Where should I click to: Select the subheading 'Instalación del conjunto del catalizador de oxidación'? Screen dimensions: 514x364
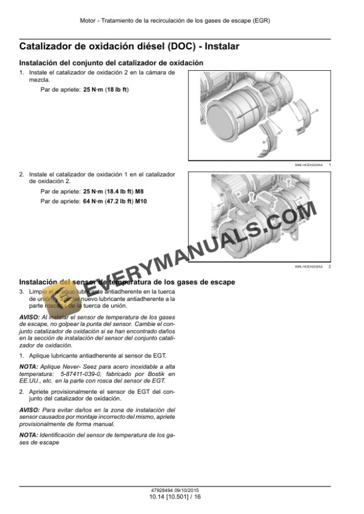pyautogui.click(x=112, y=63)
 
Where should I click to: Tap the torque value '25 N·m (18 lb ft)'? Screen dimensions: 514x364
pyautogui.click(x=106, y=89)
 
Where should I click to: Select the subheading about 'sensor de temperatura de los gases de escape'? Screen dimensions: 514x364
pyautogui.click(x=127, y=281)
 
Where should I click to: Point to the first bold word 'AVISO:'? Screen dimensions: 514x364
pyautogui.click(x=30, y=319)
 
